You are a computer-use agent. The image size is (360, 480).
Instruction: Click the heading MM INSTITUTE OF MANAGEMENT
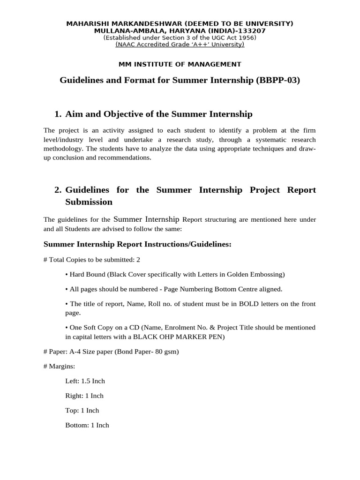(180, 64)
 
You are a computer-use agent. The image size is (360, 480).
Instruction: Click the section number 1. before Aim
(58, 114)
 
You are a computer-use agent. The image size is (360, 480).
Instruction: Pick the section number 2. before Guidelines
(58, 190)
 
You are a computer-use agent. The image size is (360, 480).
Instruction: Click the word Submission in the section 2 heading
(89, 202)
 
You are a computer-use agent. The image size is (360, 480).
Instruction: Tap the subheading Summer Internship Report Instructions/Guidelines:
(137, 244)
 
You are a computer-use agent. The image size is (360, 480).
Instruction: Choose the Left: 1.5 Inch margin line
(85, 381)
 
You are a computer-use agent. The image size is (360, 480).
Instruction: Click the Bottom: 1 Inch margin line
(87, 425)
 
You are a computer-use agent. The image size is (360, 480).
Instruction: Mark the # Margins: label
(59, 366)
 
